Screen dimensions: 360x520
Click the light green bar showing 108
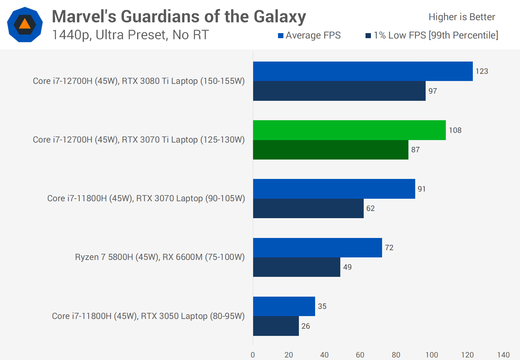click(x=349, y=130)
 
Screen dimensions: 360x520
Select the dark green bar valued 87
click(x=331, y=150)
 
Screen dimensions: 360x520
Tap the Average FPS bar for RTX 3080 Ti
click(x=363, y=71)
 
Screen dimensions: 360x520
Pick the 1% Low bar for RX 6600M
click(x=296, y=267)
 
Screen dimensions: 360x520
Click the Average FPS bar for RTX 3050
click(x=284, y=306)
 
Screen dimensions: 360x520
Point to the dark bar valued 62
click(x=308, y=208)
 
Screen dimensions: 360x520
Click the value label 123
click(x=481, y=71)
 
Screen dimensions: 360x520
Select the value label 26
click(x=305, y=326)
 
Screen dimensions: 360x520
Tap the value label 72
click(x=389, y=248)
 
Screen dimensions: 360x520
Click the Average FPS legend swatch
click(x=281, y=36)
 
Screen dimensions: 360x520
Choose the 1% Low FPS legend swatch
click(x=368, y=36)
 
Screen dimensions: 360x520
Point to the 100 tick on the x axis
click(x=431, y=355)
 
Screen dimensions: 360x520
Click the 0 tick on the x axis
click(x=253, y=355)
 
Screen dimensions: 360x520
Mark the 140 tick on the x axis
click(x=503, y=355)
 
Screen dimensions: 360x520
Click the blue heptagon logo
click(x=25, y=24)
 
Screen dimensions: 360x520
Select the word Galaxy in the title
click(x=280, y=17)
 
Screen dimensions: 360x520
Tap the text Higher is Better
click(x=462, y=17)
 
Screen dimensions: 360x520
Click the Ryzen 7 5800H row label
click(x=160, y=257)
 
